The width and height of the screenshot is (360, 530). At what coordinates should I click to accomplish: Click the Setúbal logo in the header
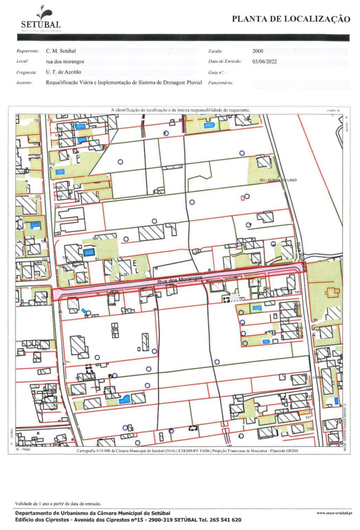pyautogui.click(x=41, y=19)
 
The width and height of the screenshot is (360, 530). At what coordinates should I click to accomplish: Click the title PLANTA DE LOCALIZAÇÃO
pyautogui.click(x=291, y=19)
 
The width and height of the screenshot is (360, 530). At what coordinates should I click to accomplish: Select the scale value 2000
pyautogui.click(x=258, y=51)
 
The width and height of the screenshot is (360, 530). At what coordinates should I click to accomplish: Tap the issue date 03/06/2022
pyautogui.click(x=265, y=62)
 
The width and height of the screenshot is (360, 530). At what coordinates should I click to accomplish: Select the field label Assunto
pyautogui.click(x=24, y=83)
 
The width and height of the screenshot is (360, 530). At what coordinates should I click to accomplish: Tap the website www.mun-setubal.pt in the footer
pyautogui.click(x=334, y=512)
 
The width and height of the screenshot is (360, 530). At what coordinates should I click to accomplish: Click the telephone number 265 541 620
pyautogui.click(x=225, y=519)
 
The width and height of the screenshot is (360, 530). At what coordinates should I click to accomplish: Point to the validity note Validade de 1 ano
pyautogui.click(x=59, y=503)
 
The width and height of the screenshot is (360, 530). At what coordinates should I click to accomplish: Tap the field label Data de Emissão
pyautogui.click(x=225, y=62)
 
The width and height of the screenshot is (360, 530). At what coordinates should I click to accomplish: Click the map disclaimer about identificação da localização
pyautogui.click(x=180, y=110)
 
